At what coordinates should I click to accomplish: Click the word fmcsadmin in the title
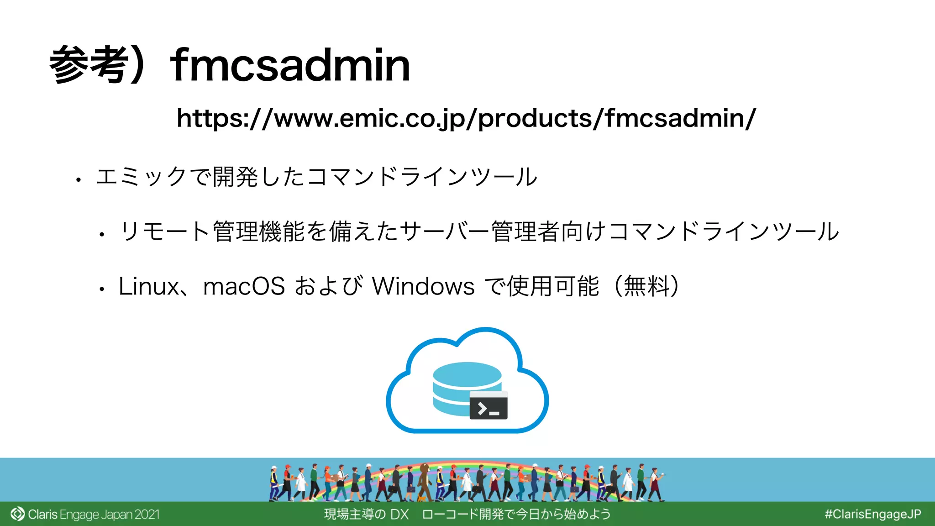[290, 65]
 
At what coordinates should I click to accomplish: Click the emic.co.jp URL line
[466, 118]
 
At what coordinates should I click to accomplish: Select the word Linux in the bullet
[148, 287]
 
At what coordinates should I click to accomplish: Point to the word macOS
[244, 287]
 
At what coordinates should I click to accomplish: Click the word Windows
[423, 287]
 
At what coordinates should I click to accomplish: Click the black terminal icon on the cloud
[489, 405]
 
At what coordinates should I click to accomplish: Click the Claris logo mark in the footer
[17, 514]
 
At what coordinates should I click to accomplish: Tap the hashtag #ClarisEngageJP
[872, 514]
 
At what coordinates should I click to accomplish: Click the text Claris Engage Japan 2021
[94, 515]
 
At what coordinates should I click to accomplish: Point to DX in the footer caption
[399, 515]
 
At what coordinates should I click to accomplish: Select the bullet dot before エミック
[79, 180]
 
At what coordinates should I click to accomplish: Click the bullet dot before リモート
[102, 235]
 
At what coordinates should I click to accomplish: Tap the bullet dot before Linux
[102, 289]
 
